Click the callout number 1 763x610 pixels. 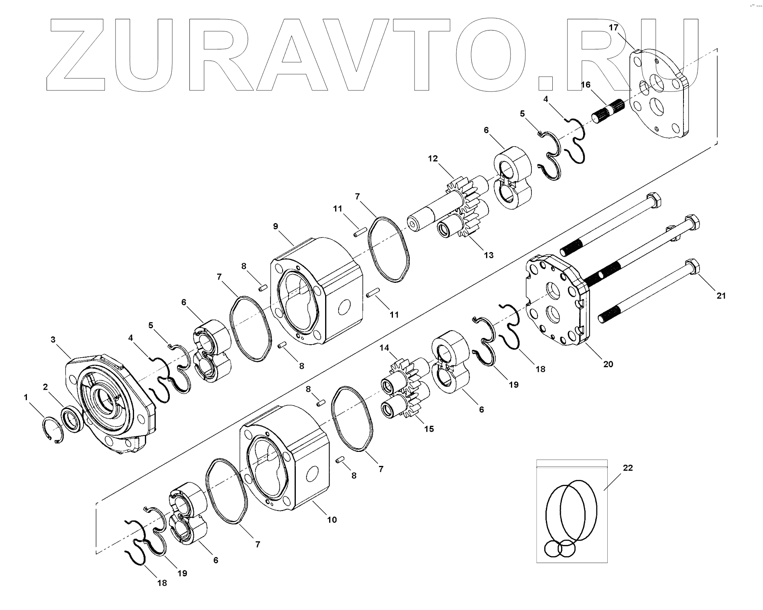tap(26, 397)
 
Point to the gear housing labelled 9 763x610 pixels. tap(317, 289)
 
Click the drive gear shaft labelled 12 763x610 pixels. tap(446, 205)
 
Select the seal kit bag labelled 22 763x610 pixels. tap(572, 516)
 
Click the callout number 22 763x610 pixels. tap(628, 468)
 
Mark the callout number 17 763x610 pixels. tap(614, 28)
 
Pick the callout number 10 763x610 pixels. tap(332, 520)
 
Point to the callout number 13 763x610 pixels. tap(488, 255)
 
